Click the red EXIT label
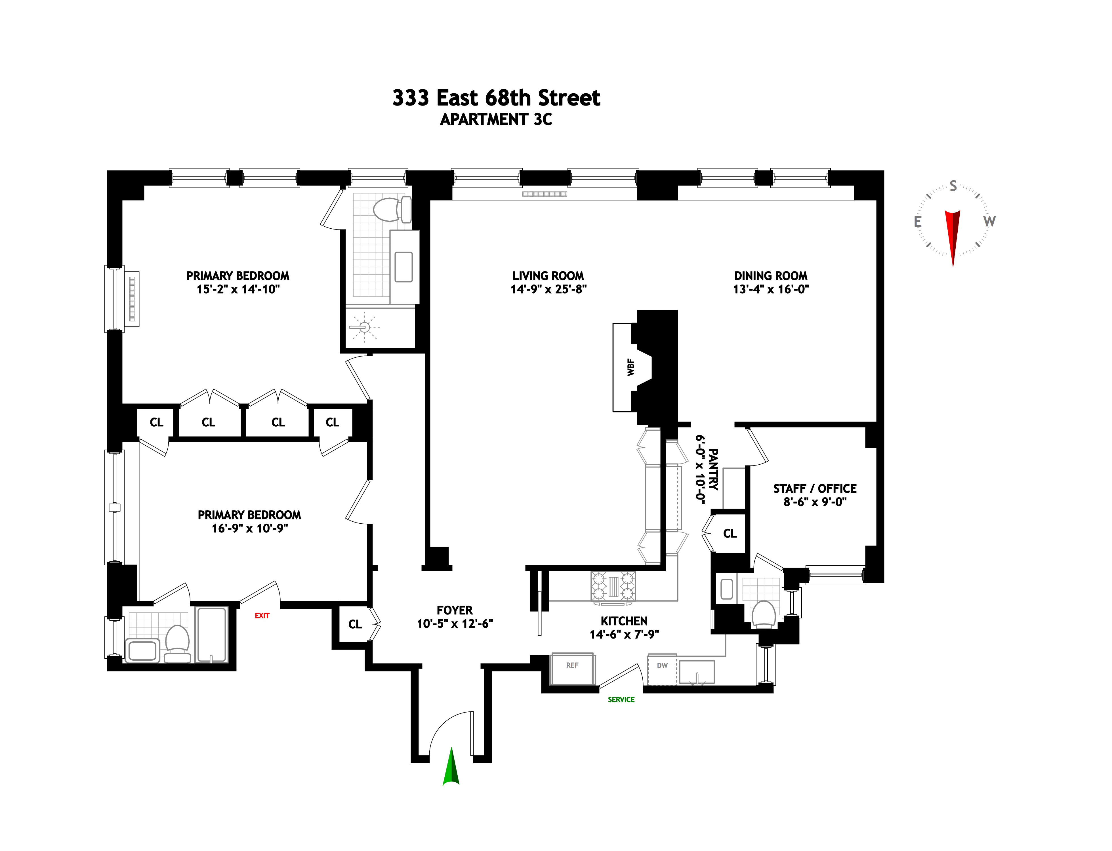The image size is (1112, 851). (x=262, y=616)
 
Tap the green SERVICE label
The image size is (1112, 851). (x=621, y=700)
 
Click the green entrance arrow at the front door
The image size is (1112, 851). (x=451, y=767)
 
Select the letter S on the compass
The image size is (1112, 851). (x=953, y=186)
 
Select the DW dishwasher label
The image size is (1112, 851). (x=662, y=665)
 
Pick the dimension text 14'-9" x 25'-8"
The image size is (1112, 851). (x=548, y=289)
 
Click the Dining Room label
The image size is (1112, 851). (x=771, y=276)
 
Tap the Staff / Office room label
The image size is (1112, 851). (x=815, y=489)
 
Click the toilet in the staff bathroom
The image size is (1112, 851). (x=764, y=614)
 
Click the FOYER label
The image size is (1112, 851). (x=455, y=610)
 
